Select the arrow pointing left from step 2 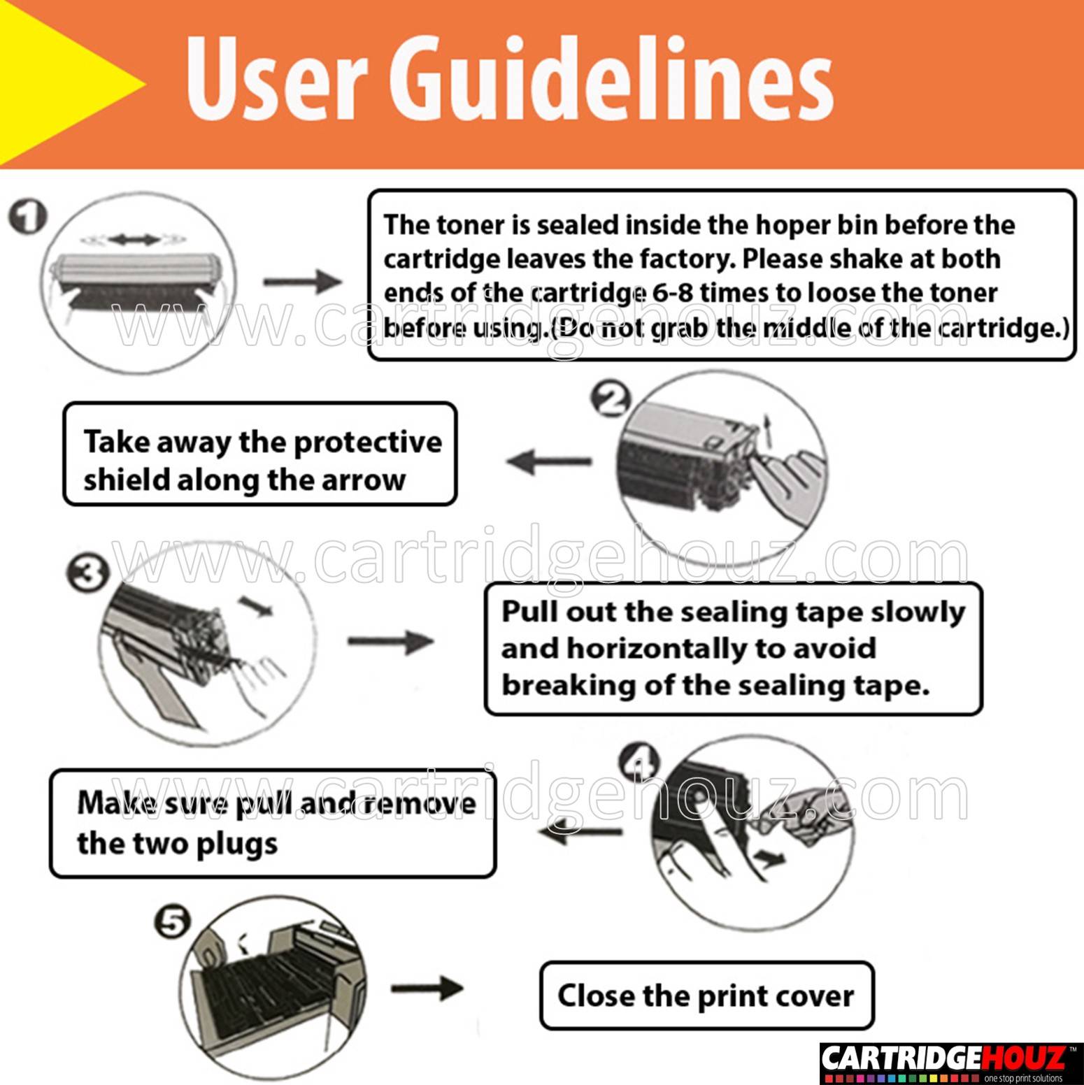(549, 462)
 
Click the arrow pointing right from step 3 (391, 641)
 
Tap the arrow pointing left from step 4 (580, 832)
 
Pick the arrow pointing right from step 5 (427, 988)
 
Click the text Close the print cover (706, 996)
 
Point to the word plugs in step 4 (237, 845)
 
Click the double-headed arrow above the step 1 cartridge (134, 240)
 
